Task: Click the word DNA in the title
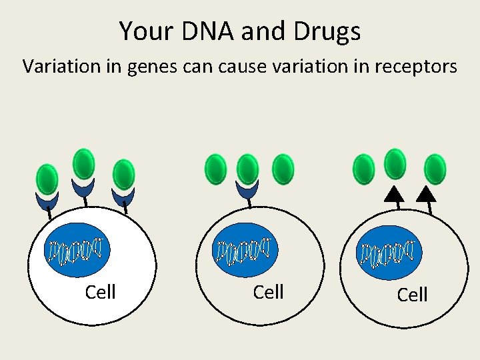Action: (199, 31)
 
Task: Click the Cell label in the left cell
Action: (101, 292)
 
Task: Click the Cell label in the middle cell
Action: (269, 292)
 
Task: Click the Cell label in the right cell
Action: (412, 295)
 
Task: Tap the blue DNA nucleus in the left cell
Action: (77, 249)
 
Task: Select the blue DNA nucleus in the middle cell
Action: (245, 249)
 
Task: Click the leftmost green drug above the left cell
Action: (47, 179)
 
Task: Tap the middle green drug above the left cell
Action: (83, 163)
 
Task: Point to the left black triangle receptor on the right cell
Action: (395, 194)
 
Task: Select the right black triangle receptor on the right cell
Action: (426, 194)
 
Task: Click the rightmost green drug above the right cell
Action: (435, 169)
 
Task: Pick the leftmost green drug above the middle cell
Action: (215, 168)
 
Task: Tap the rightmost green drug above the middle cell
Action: (283, 169)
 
